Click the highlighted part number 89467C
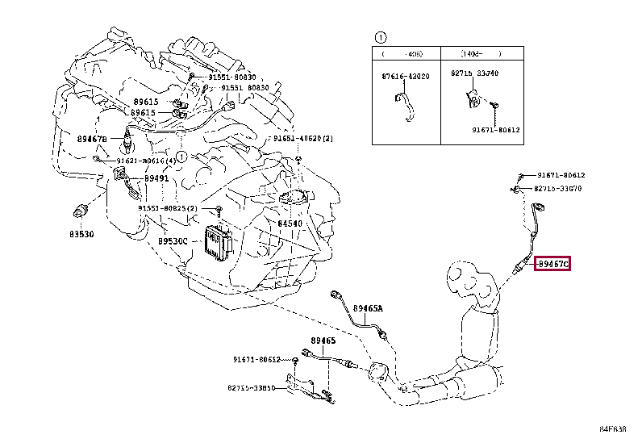click(x=553, y=263)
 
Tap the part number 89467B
click(x=94, y=139)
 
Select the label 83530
click(x=81, y=235)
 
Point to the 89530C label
click(x=172, y=240)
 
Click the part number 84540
click(x=290, y=223)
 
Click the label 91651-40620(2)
click(x=302, y=139)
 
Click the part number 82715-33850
click(x=251, y=387)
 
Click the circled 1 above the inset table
click(x=380, y=37)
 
